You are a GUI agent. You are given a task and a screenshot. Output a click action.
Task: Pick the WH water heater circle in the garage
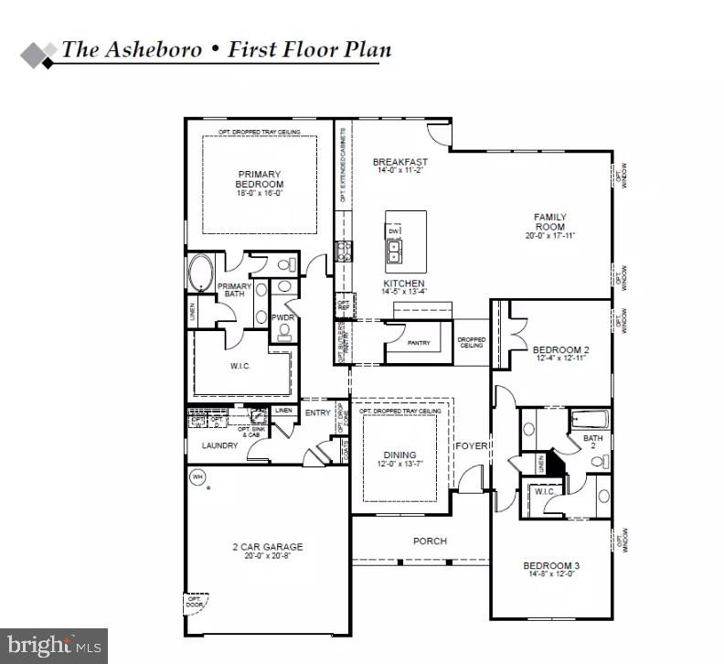point(197,477)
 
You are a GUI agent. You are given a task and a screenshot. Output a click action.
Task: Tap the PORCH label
point(430,541)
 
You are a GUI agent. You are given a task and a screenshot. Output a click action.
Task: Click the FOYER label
point(473,446)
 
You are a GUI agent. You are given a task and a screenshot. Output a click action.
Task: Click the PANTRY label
point(419,343)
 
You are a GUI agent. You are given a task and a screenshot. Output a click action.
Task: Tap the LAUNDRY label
point(219,445)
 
